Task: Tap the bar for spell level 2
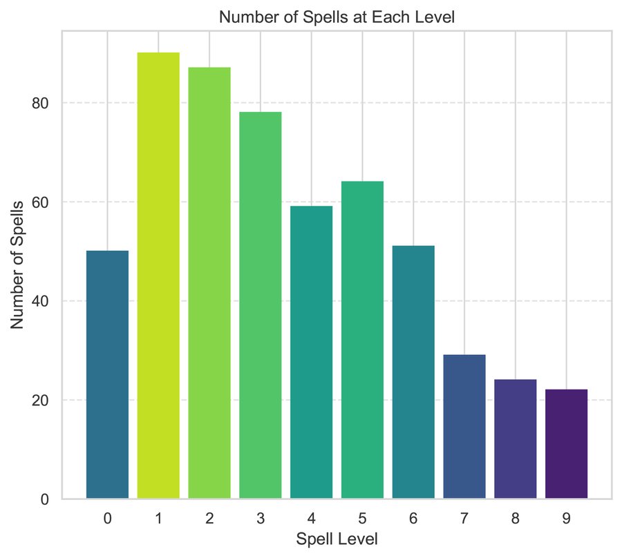209,282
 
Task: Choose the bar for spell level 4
311,352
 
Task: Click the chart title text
337,19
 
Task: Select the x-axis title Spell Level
337,539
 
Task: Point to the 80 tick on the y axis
41,103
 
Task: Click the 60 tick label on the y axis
41,202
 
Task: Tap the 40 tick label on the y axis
41,301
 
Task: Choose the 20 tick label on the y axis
41,401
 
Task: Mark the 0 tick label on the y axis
46,499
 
